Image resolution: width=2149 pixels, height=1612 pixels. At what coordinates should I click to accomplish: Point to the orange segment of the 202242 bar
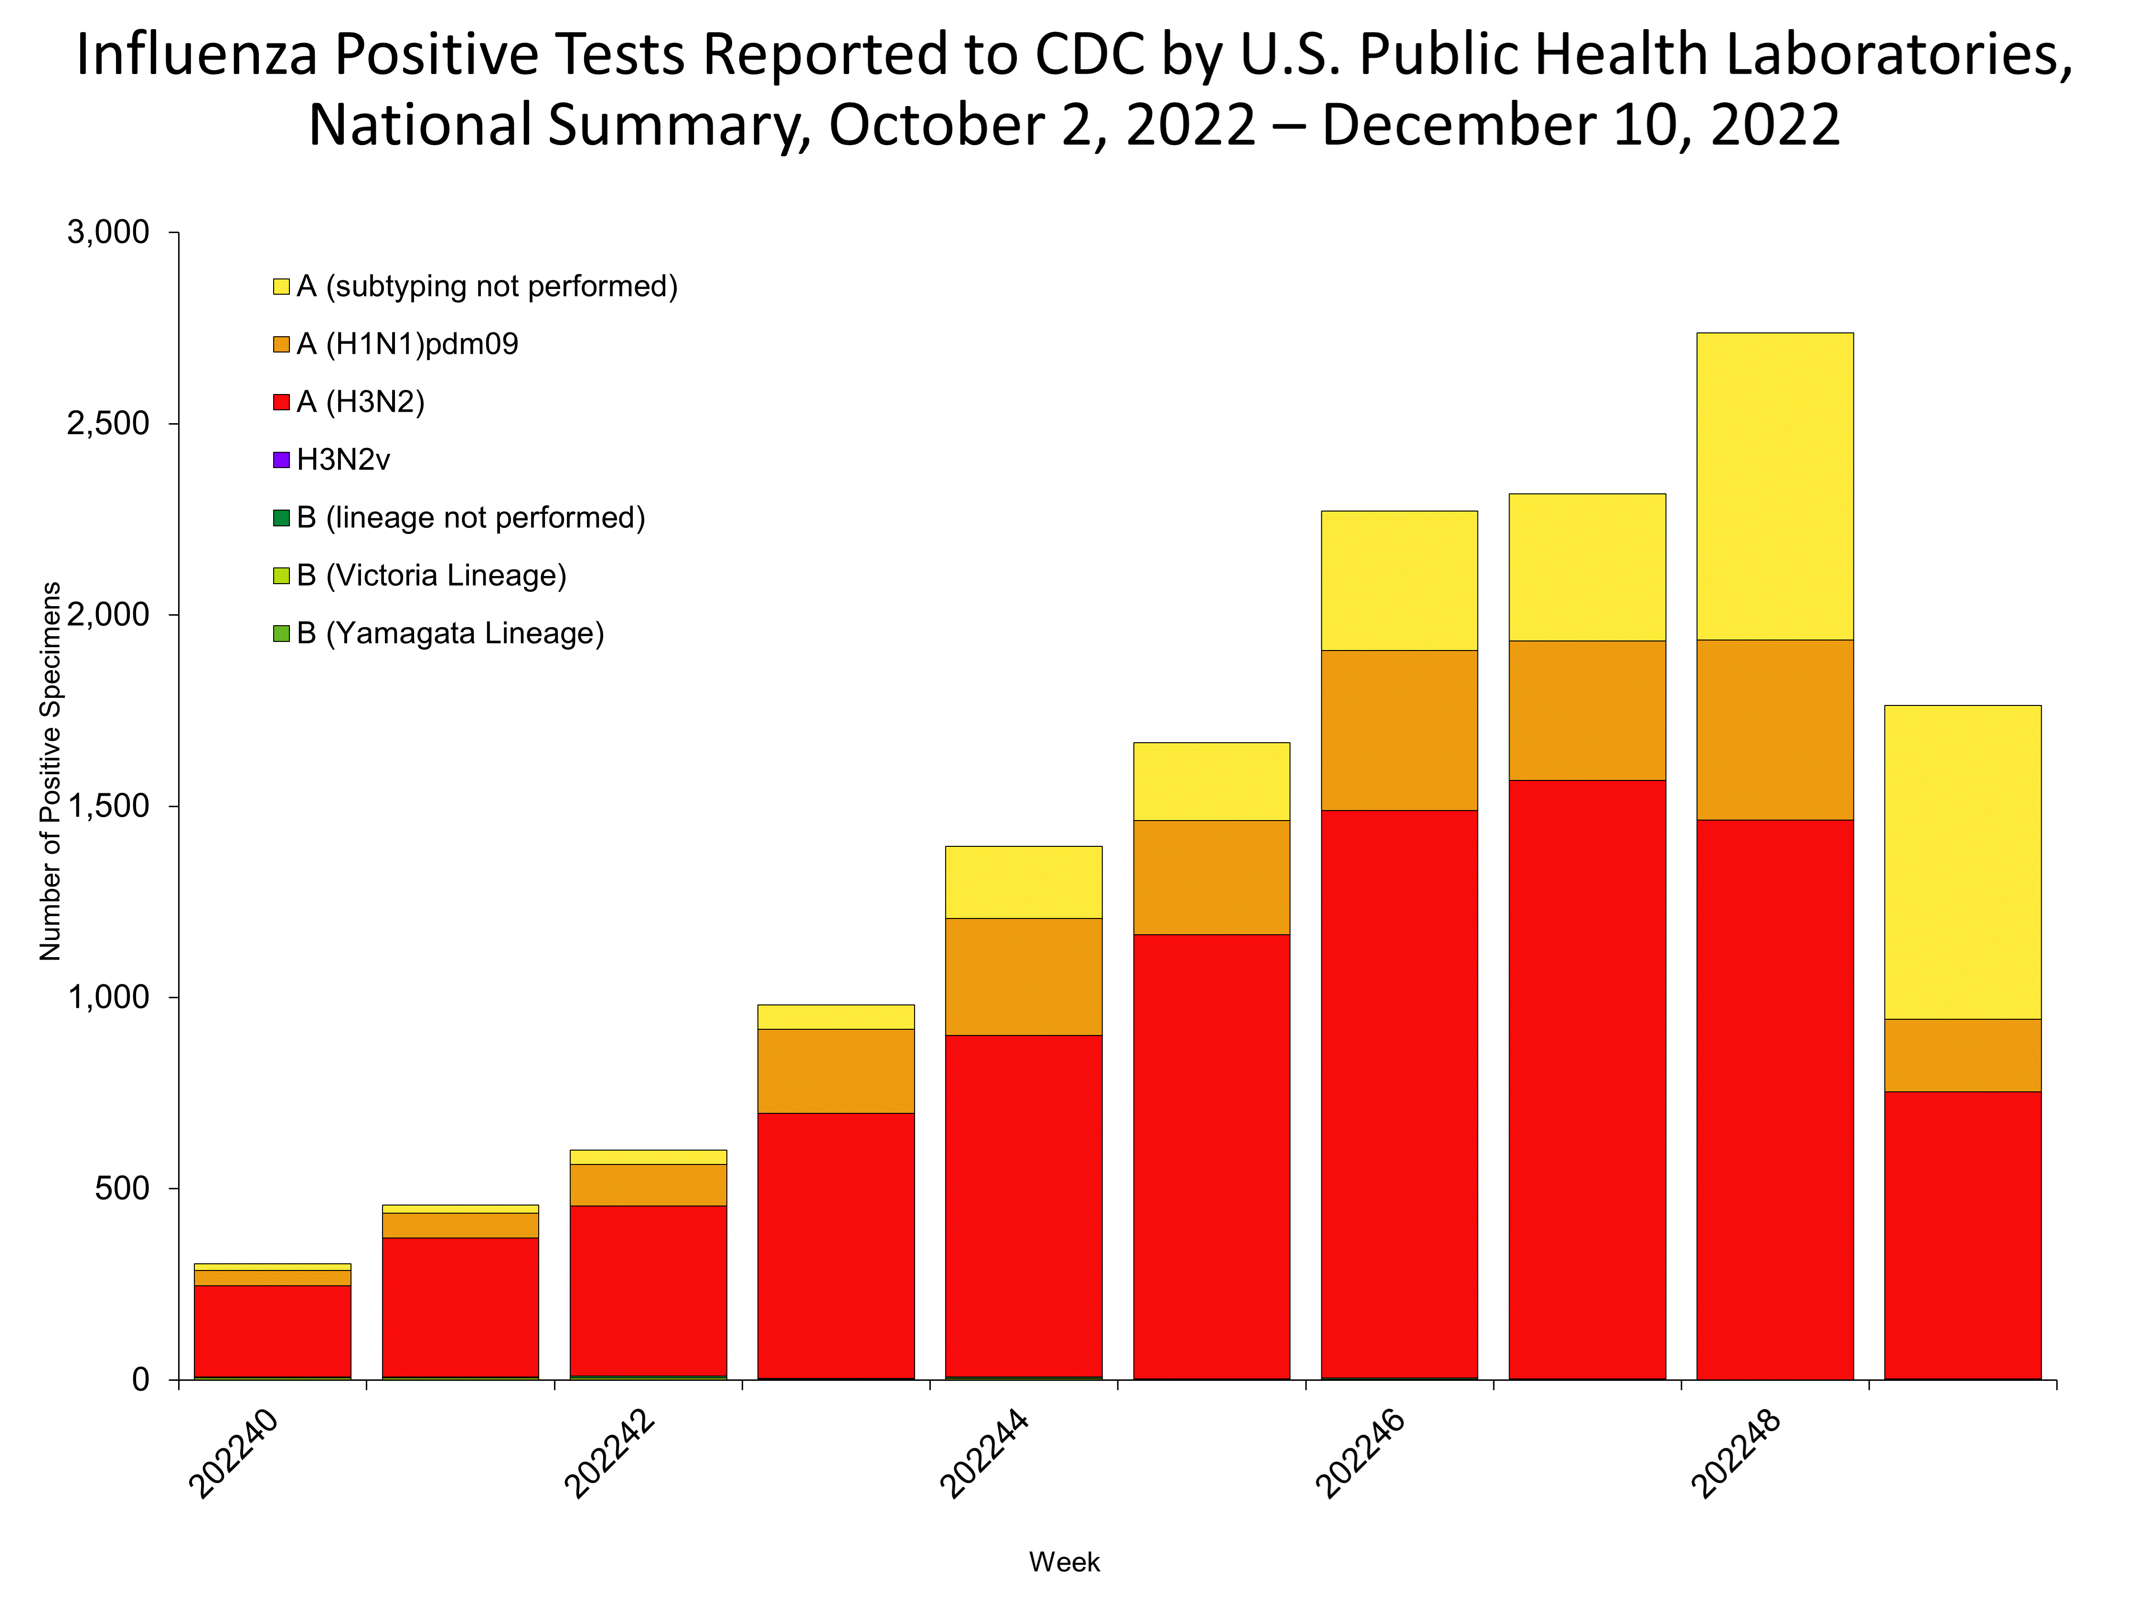tap(648, 1185)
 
